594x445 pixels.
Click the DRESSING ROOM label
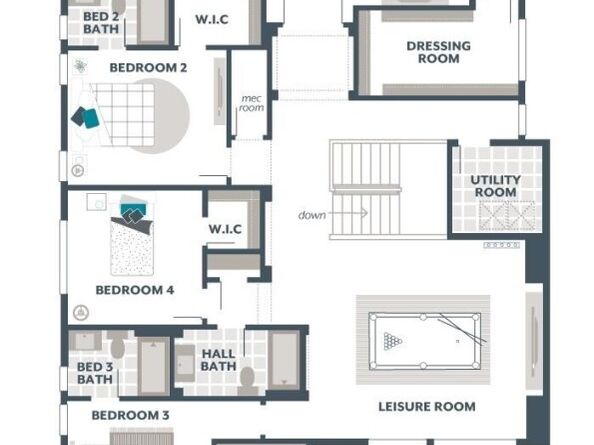pyautogui.click(x=439, y=52)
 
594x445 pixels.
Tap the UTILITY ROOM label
pyautogui.click(x=495, y=186)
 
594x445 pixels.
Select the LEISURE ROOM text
pyautogui.click(x=426, y=407)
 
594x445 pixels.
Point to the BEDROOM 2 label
pyautogui.click(x=148, y=68)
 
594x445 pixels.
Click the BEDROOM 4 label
pyautogui.click(x=135, y=290)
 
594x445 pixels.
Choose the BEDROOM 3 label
pyautogui.click(x=130, y=415)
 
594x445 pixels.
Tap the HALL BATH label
pyautogui.click(x=218, y=360)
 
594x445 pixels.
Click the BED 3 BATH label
pyautogui.click(x=95, y=373)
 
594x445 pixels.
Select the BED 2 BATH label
pyautogui.click(x=101, y=24)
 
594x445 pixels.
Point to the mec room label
pyautogui.click(x=251, y=103)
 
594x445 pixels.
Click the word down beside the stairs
pyautogui.click(x=312, y=215)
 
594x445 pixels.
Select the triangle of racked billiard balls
pyautogui.click(x=393, y=340)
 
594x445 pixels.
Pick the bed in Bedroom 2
pyautogui.click(x=124, y=112)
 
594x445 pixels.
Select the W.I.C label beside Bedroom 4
pyautogui.click(x=225, y=229)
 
